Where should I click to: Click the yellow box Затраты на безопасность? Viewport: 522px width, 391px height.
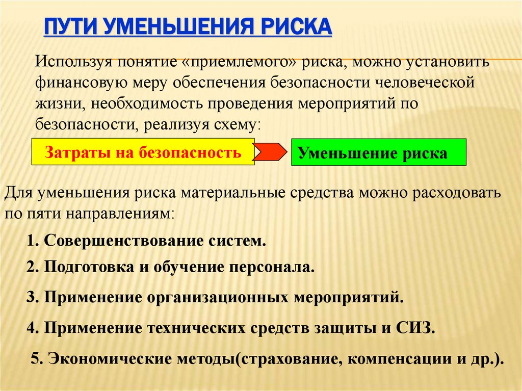coord(143,151)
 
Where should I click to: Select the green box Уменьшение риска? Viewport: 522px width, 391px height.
coord(378,152)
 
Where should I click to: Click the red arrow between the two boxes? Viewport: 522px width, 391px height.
coord(272,152)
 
